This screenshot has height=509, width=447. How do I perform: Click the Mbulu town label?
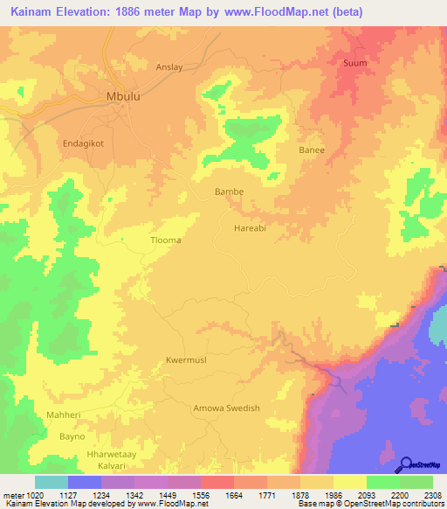pyautogui.click(x=122, y=97)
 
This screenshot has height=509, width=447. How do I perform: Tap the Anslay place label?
pyautogui.click(x=169, y=66)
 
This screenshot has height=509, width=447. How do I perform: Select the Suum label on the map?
pyautogui.click(x=355, y=63)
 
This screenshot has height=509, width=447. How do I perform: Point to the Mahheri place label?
pyautogui.click(x=65, y=415)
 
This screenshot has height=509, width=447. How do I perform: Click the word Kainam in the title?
pyautogui.click(x=34, y=12)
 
